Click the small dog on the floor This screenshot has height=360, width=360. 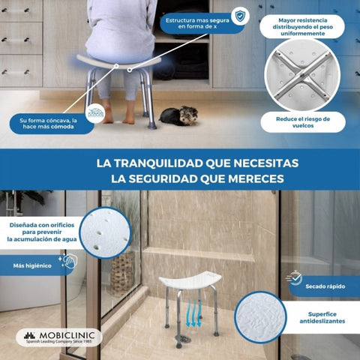click(179, 116)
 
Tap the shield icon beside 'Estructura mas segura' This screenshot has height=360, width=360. click(238, 16)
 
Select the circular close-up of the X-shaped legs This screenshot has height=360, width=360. click(302, 75)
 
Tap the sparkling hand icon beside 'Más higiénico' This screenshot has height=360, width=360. click(67, 262)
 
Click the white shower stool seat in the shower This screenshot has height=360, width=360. click(189, 281)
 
